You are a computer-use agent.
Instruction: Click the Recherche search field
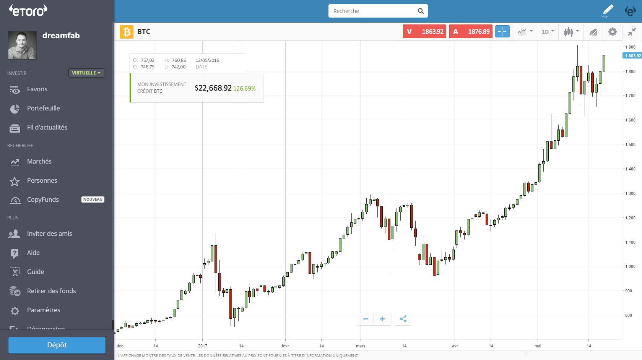[373, 11]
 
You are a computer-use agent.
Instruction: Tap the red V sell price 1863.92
[424, 32]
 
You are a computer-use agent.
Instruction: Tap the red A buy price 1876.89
[471, 32]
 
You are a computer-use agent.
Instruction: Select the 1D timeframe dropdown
[548, 32]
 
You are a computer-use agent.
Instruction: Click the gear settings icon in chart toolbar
[612, 32]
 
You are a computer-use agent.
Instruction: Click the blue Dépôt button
[57, 345]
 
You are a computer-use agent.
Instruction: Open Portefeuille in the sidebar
[43, 109]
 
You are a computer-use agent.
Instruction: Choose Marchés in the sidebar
[39, 162]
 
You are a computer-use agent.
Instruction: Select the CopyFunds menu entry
[43, 200]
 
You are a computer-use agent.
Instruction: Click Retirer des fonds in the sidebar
[51, 291]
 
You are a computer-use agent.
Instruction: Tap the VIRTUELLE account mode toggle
[86, 73]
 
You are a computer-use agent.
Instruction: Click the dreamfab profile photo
[22, 45]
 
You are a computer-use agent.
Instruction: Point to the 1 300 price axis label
[630, 193]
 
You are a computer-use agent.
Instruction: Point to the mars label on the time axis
[361, 346]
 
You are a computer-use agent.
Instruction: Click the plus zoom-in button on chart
[382, 319]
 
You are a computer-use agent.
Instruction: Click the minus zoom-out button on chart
[366, 319]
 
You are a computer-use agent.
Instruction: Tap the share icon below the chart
[403, 319]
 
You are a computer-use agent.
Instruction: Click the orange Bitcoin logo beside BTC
[127, 32]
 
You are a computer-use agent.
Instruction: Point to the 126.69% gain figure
[244, 89]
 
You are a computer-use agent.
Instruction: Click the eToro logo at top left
[28, 10]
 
